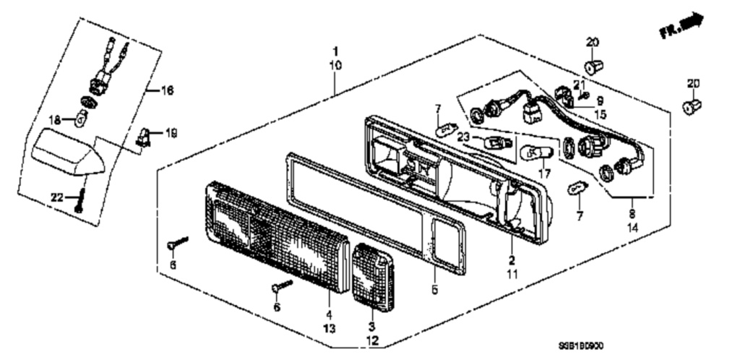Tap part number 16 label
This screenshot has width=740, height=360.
pyautogui.click(x=166, y=91)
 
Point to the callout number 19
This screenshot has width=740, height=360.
pyautogui.click(x=171, y=132)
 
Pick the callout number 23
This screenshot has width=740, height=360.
pyautogui.click(x=463, y=135)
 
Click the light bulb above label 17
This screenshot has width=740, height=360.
pyautogui.click(x=538, y=153)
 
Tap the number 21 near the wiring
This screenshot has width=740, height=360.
pyautogui.click(x=577, y=85)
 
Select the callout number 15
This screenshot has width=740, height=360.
pyautogui.click(x=601, y=113)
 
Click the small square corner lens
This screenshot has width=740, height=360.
pyautogui.click(x=373, y=279)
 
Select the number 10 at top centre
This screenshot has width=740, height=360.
pyautogui.click(x=335, y=66)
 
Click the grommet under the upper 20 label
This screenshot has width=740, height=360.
pyautogui.click(x=595, y=68)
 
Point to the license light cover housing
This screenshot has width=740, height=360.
pyautogui.click(x=69, y=152)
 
